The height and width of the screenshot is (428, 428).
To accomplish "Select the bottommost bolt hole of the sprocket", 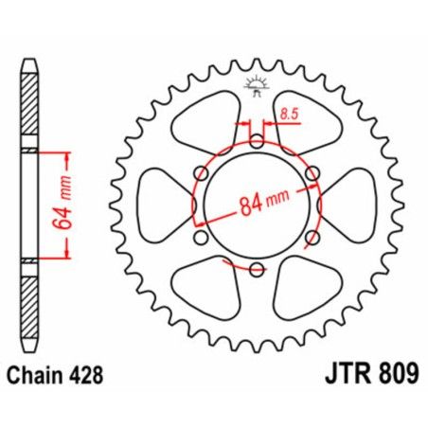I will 256,268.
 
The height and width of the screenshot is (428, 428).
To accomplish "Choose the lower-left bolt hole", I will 201,237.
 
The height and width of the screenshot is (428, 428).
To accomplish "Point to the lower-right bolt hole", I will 311,237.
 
